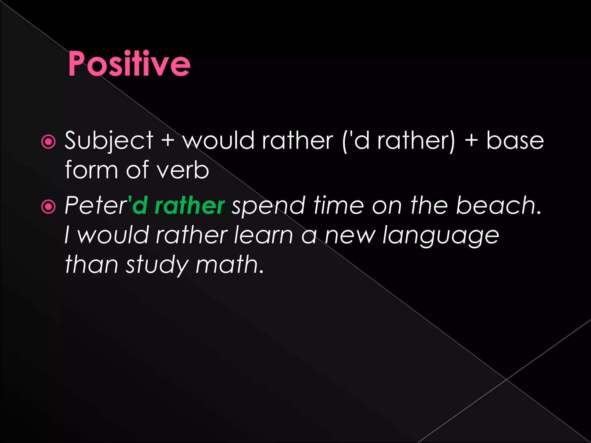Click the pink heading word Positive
pos(129,63)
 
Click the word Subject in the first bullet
pos(109,140)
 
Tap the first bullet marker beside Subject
pos(48,142)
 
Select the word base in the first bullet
pos(515,140)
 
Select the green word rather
pos(190,205)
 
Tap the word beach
pos(498,205)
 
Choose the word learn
pos(263,235)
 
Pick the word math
pos(229,264)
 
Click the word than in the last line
pos(91,264)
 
